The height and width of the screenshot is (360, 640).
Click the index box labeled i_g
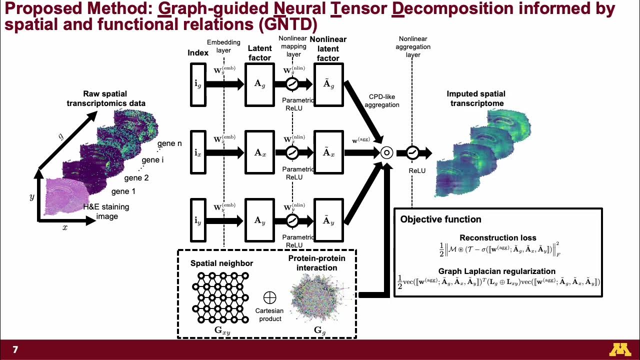pyautogui.click(x=198, y=84)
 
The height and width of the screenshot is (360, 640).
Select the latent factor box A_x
pyautogui.click(x=259, y=152)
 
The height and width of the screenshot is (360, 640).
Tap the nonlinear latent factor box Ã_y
pyautogui.click(x=328, y=220)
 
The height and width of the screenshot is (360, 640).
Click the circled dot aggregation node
pyautogui.click(x=386, y=153)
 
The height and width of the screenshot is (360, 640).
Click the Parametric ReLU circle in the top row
pyautogui.click(x=292, y=84)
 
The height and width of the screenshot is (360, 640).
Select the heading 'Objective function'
pyautogui.click(x=440, y=219)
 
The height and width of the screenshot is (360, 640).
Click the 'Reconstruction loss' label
pyautogui.click(x=497, y=238)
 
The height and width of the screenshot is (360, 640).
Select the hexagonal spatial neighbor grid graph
pyautogui.click(x=220, y=297)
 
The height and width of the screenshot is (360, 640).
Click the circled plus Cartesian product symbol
pyautogui.click(x=269, y=298)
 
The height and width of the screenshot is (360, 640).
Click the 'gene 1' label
pyautogui.click(x=123, y=191)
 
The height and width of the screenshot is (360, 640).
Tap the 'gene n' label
pyautogui.click(x=169, y=143)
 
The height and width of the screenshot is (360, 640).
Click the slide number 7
pyautogui.click(x=15, y=350)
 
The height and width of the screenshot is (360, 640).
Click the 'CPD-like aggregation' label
pyautogui.click(x=382, y=100)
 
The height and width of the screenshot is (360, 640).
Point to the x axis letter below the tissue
pyautogui.click(x=64, y=227)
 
